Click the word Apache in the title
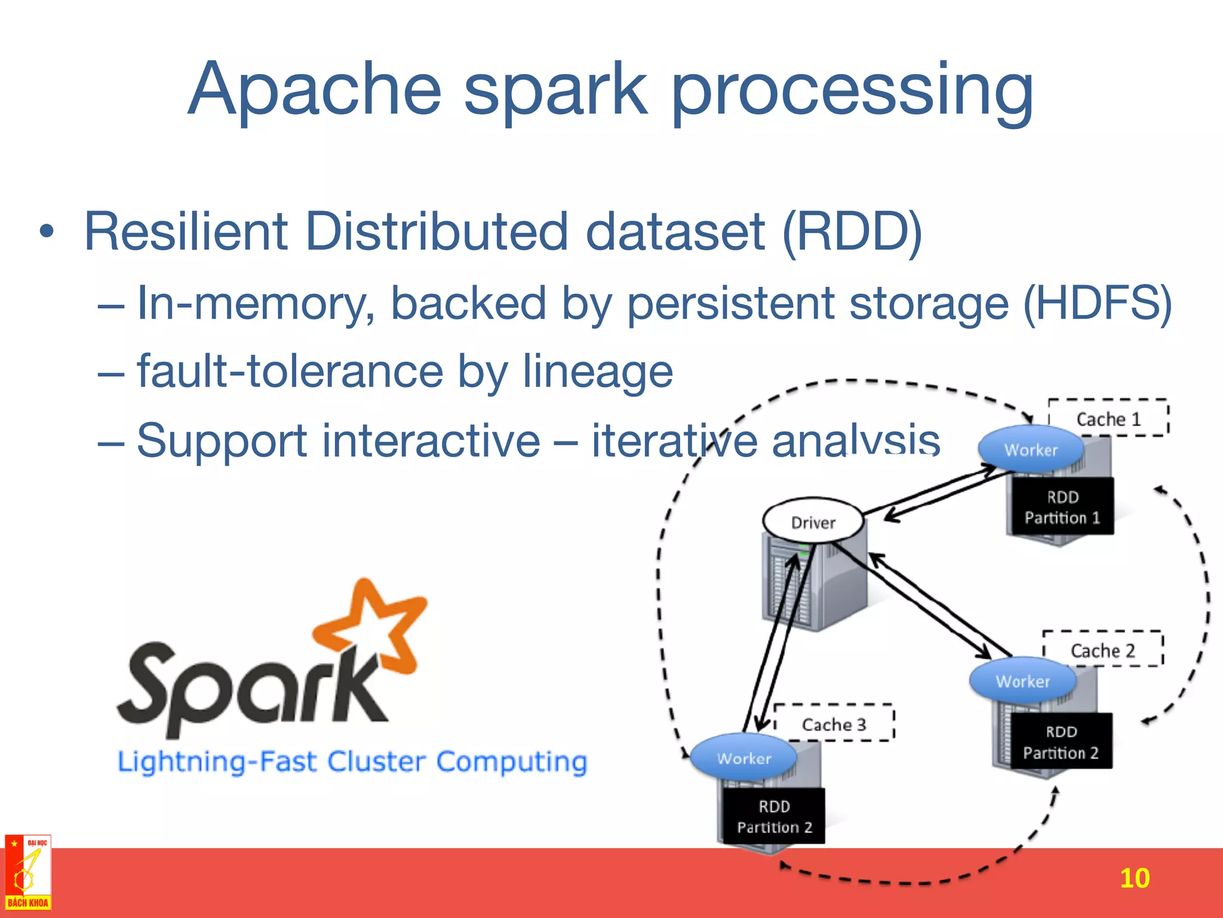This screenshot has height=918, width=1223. click(315, 90)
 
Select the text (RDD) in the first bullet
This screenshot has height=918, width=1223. click(852, 232)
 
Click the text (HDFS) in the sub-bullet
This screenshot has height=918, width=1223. click(1097, 304)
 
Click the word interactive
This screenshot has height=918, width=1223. click(339, 441)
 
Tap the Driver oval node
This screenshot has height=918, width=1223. click(813, 522)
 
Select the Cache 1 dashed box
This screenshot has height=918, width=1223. click(1108, 418)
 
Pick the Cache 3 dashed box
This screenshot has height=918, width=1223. click(834, 724)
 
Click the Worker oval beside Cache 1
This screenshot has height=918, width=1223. click(1031, 449)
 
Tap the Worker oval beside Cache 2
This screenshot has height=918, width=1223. click(1022, 681)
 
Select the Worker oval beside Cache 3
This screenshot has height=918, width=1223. click(743, 758)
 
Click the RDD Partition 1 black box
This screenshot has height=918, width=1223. click(1062, 507)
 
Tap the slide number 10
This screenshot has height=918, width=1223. click(1134, 878)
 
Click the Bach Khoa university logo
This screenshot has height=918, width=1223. click(27, 873)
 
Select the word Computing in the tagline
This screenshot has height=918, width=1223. click(511, 762)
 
